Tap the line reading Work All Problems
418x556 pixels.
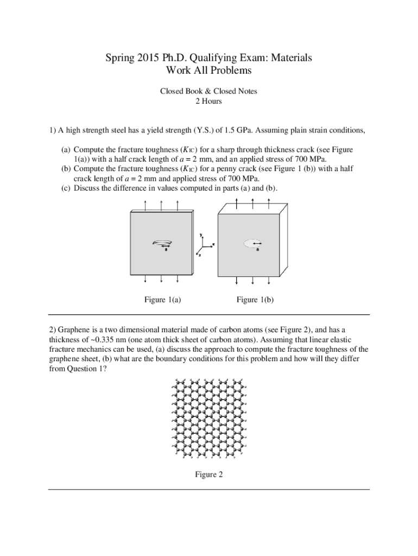pyautogui.click(x=208, y=71)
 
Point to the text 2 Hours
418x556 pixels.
pyautogui.click(x=208, y=101)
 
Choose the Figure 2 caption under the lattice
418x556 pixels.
pyautogui.click(x=209, y=475)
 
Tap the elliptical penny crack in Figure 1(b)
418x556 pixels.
pyautogui.click(x=252, y=244)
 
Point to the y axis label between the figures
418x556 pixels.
pyautogui.click(x=201, y=235)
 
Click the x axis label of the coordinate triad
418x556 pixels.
pyautogui.click(x=213, y=244)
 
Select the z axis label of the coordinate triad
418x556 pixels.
pyautogui.click(x=199, y=255)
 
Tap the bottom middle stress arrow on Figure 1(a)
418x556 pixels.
pyautogui.click(x=162, y=279)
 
